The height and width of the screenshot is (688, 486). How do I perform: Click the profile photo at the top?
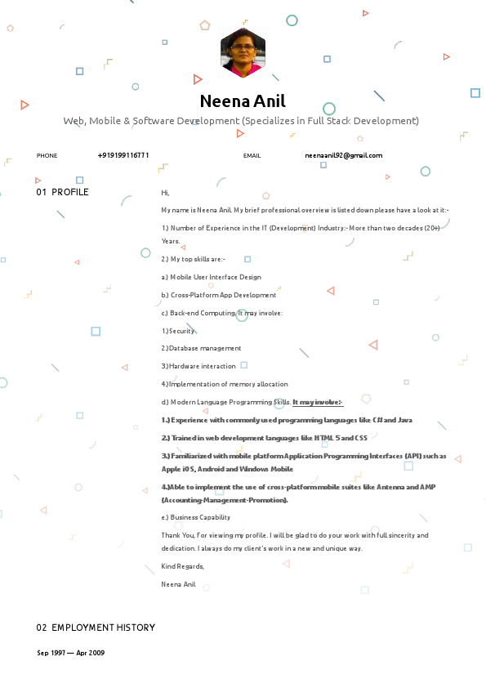coord(243,52)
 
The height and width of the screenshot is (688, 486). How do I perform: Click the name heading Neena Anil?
coord(243,101)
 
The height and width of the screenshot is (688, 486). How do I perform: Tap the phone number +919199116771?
coord(123,154)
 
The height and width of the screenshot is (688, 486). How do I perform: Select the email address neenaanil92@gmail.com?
coord(343,154)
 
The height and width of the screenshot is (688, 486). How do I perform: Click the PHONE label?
coord(47,155)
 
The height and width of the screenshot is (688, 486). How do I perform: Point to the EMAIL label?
coord(252,155)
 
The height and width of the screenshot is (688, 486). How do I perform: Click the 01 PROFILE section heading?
coord(62,192)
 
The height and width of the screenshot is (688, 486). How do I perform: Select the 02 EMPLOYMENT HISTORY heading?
coord(96,628)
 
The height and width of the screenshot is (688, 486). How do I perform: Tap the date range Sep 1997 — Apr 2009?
coord(70,653)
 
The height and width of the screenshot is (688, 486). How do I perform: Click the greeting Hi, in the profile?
coord(165,193)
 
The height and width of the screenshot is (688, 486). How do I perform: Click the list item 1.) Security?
coord(178,331)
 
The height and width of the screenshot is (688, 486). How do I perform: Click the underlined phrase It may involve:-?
coord(318,402)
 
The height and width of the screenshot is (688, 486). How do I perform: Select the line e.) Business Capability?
coord(196,517)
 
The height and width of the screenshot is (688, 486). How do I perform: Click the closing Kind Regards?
coord(183,566)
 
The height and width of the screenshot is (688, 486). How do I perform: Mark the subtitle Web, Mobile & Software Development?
coord(241,121)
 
